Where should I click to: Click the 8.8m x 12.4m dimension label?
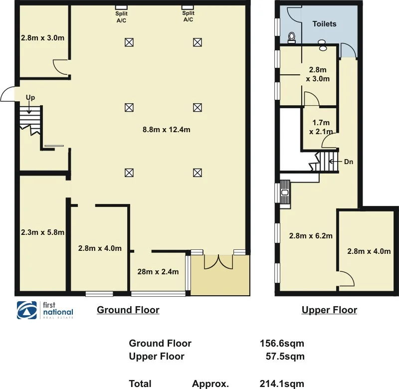tap(167, 130)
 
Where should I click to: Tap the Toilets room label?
tap(324, 24)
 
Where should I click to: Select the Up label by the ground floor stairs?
tap(30, 98)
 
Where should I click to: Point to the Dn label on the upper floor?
tap(349, 162)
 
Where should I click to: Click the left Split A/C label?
tap(121, 17)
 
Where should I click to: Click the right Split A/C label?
tap(188, 17)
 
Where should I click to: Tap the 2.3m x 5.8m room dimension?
tap(42, 232)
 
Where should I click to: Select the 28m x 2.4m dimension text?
tap(158, 272)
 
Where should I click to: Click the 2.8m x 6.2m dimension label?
tap(311, 236)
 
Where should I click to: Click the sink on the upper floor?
tap(285, 192)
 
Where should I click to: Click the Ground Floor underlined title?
tap(128, 310)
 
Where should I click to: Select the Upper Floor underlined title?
tap(329, 310)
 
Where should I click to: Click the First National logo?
tap(45, 310)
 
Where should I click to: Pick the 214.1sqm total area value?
tap(282, 384)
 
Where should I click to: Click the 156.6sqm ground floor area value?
tap(282, 343)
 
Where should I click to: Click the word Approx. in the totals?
tap(210, 384)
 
